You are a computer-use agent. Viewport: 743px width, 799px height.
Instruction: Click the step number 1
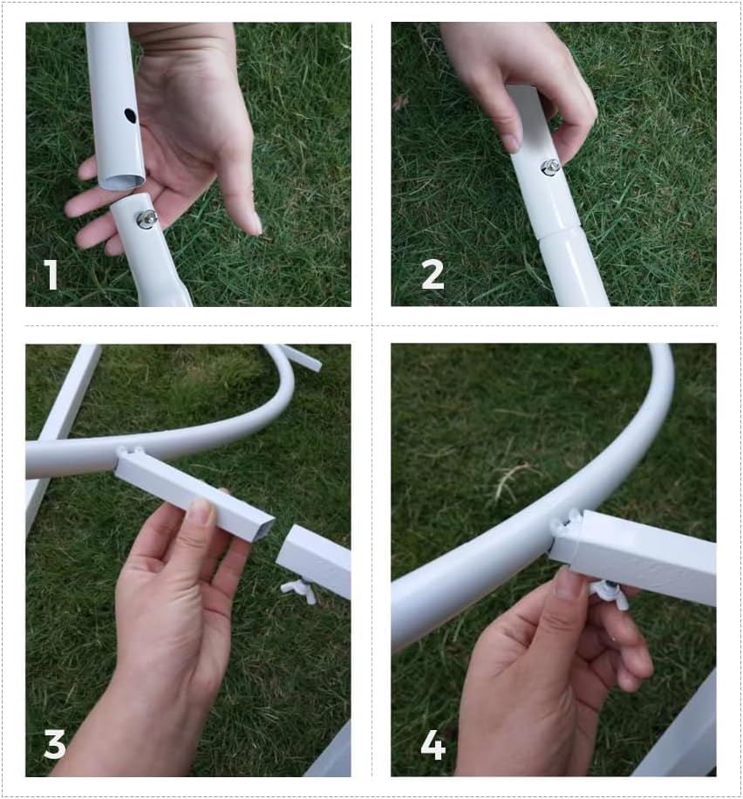51,275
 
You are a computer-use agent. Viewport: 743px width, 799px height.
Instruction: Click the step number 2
433,275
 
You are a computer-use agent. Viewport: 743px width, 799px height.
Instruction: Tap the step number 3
55,744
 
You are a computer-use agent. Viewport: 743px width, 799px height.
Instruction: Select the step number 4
433,744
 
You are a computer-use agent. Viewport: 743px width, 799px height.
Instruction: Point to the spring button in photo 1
147,219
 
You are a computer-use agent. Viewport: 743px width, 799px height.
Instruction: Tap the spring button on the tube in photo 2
550,167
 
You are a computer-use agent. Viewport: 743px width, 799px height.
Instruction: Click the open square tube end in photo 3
258,530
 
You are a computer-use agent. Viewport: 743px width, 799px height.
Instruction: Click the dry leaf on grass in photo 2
401,101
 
